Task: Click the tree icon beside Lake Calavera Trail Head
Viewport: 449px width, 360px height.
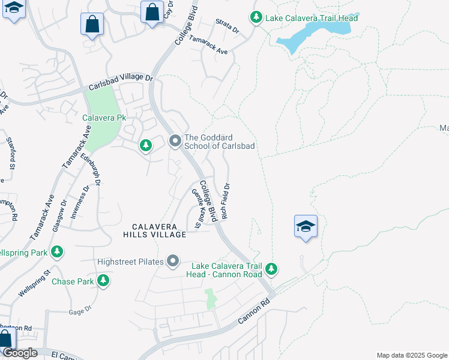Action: pyautogui.click(x=256, y=17)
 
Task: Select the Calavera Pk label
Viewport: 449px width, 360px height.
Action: pyautogui.click(x=104, y=118)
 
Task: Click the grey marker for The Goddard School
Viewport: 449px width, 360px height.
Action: pyautogui.click(x=175, y=141)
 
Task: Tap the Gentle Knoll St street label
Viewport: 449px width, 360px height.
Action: pyautogui.click(x=196, y=209)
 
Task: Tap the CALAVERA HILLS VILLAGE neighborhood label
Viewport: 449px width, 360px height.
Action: pyautogui.click(x=158, y=230)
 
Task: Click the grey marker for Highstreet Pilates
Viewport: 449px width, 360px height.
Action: pyautogui.click(x=173, y=261)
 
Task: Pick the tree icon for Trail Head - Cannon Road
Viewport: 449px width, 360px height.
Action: pyautogui.click(x=272, y=268)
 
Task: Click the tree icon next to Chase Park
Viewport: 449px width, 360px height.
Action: pyautogui.click(x=103, y=280)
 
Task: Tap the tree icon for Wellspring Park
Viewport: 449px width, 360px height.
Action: pyautogui.click(x=57, y=251)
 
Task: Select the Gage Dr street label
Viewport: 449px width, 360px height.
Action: pyautogui.click(x=79, y=310)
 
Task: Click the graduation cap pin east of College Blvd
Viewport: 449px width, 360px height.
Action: pyautogui.click(x=306, y=227)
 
